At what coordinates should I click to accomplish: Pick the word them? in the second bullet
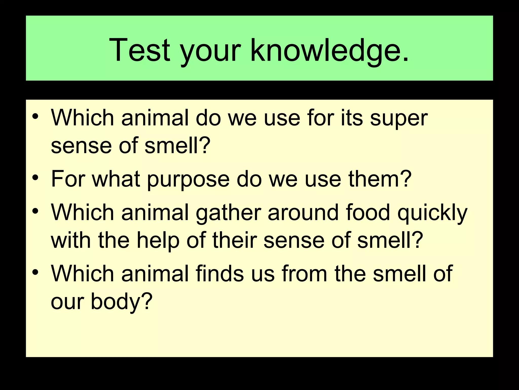380,179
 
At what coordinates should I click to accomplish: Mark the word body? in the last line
122,302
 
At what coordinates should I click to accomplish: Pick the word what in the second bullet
116,179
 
